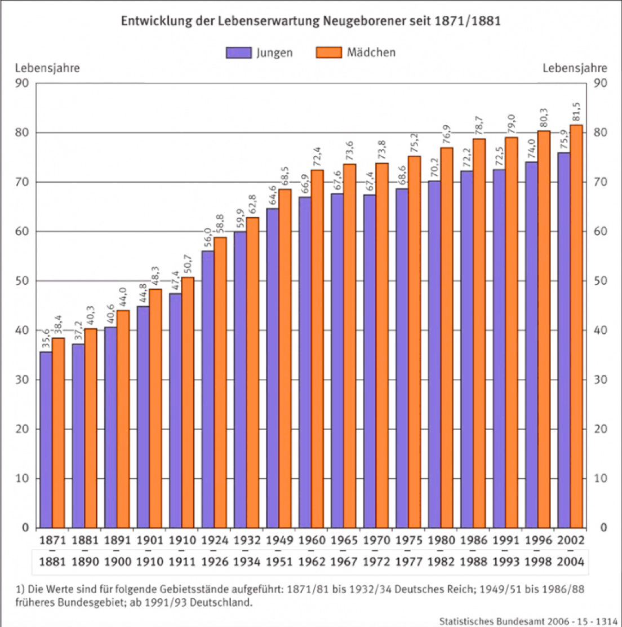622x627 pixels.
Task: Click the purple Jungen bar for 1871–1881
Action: click(46, 440)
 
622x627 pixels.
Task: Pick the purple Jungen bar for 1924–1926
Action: click(208, 389)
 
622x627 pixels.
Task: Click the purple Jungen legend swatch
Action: click(239, 53)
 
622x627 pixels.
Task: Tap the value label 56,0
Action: click(208, 238)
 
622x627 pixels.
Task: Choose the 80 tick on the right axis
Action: click(601, 133)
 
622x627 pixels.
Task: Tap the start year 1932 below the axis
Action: click(247, 540)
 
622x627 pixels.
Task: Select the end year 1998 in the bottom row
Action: click(538, 562)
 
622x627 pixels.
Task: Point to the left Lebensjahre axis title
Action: click(47, 68)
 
